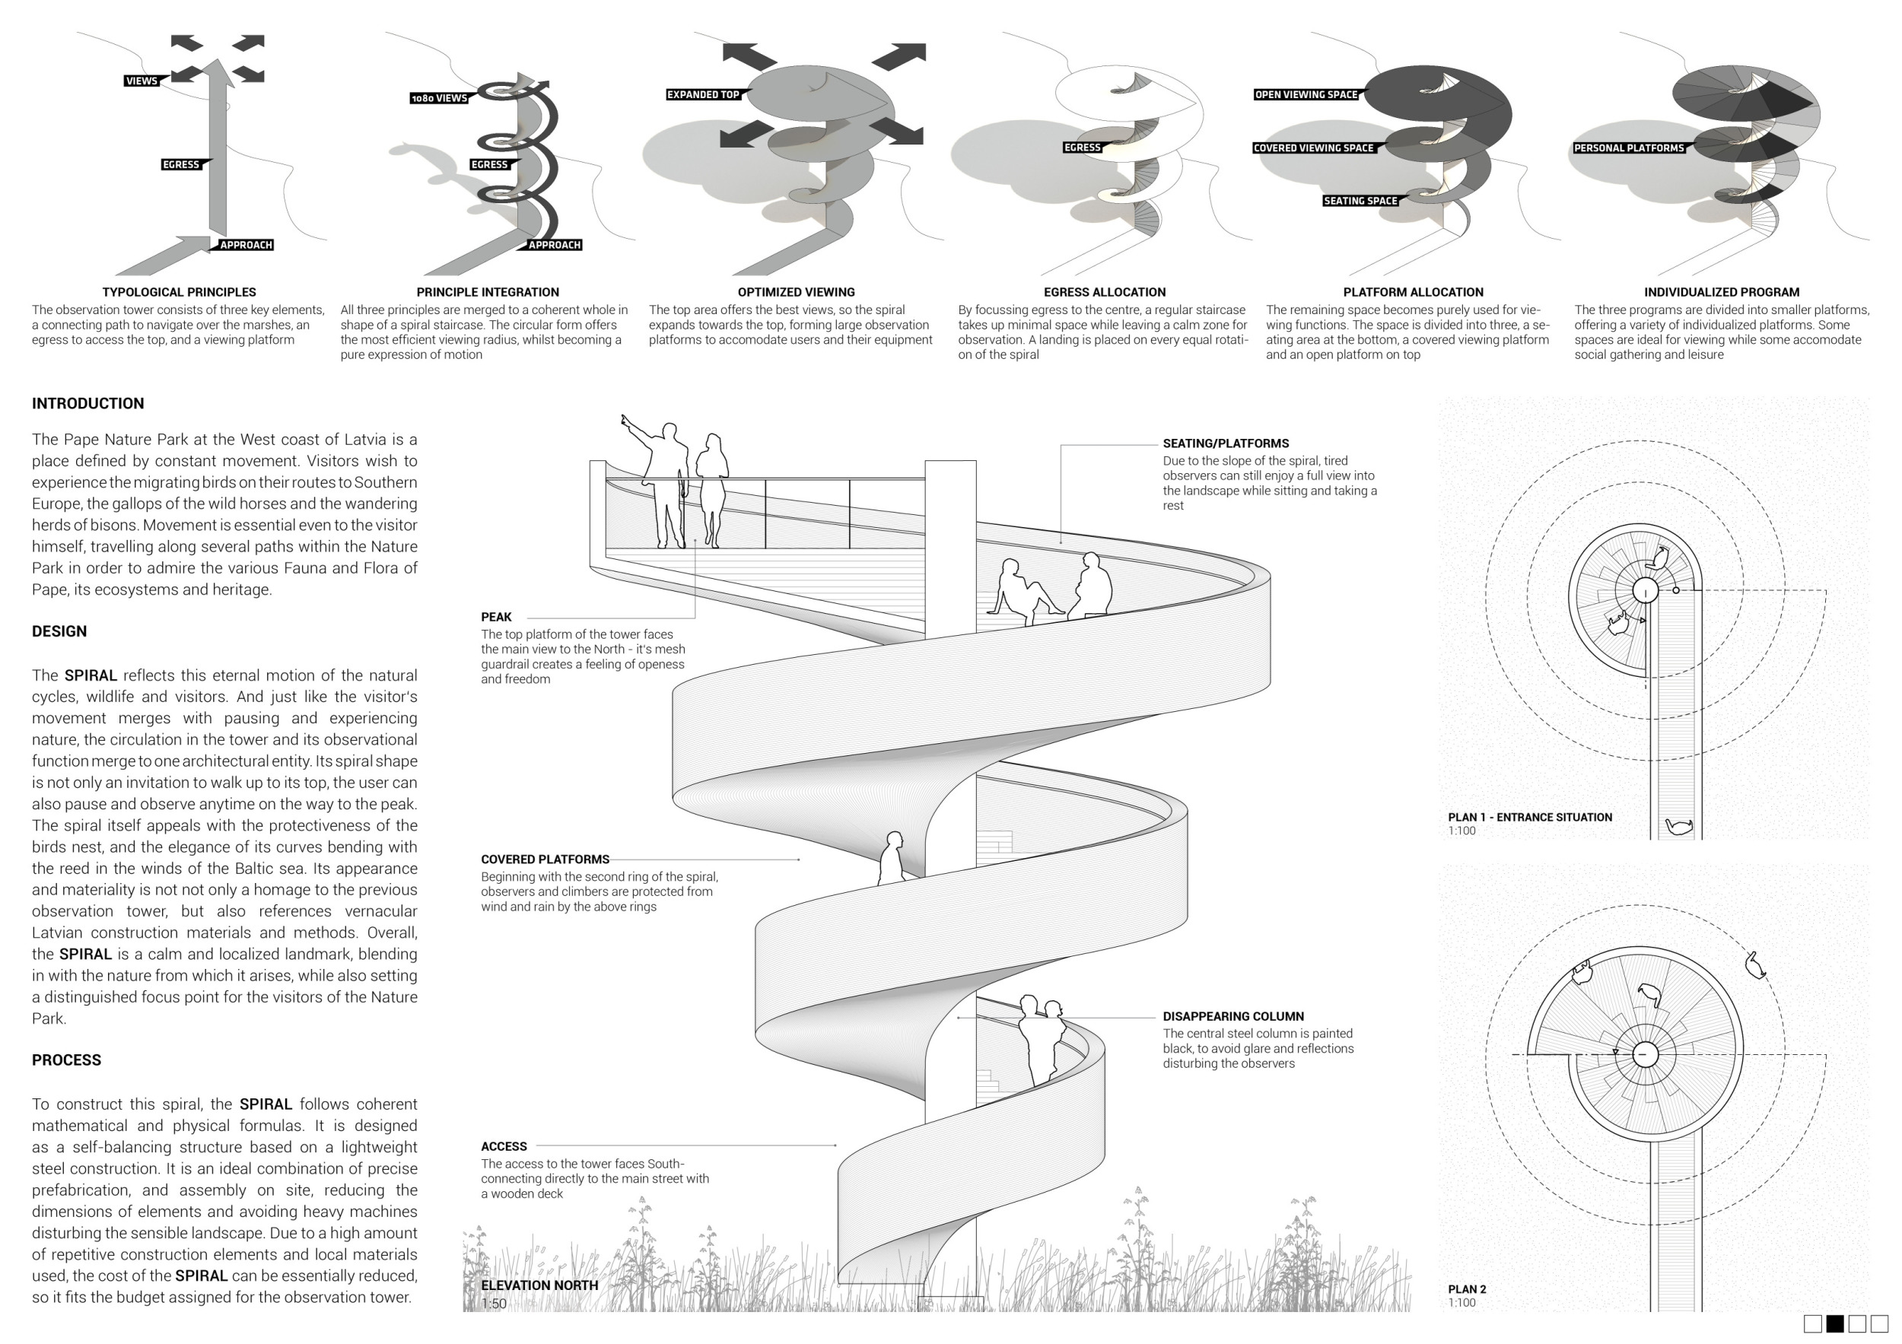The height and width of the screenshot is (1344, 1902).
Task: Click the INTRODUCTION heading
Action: point(87,403)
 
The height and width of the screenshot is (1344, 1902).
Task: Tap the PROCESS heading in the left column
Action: point(66,1060)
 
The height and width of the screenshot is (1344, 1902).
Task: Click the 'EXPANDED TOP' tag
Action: point(703,94)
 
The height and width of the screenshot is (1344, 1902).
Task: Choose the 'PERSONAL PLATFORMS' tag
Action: point(1629,148)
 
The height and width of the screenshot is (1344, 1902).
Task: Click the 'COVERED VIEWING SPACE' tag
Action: point(1313,148)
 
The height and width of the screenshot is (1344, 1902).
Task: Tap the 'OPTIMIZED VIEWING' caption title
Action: point(796,292)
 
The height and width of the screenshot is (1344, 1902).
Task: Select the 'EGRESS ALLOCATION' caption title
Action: point(1104,292)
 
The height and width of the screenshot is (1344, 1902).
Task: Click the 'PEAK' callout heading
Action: point(496,617)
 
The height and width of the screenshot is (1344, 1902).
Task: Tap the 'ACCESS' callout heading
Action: point(504,1146)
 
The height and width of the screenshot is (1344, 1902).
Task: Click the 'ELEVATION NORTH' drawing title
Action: point(539,1285)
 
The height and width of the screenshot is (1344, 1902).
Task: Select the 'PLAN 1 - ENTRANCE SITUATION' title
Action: point(1529,818)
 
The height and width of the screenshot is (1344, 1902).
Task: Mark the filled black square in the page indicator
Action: point(1835,1323)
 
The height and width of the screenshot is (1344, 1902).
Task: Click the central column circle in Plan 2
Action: point(1644,1055)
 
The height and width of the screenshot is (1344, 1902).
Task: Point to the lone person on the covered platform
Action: point(892,858)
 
